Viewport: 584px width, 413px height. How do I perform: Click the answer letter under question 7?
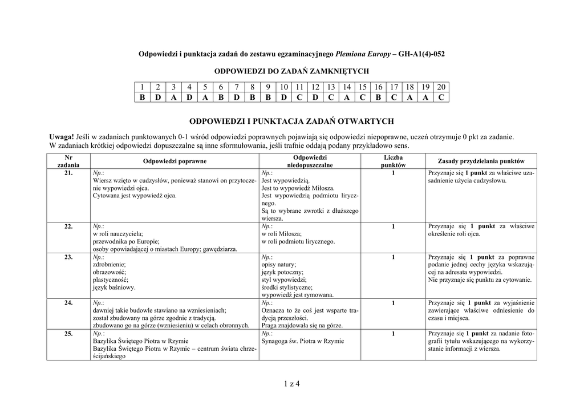point(236,98)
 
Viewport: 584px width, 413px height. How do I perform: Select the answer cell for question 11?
point(299,98)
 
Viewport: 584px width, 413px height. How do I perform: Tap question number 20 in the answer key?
point(441,87)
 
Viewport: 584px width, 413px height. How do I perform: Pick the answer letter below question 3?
point(173,98)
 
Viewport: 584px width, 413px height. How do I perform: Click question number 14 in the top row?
point(346,87)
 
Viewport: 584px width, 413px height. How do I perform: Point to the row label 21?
point(68,173)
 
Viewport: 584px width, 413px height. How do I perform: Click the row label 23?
point(68,257)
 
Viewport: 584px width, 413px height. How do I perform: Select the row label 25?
point(68,334)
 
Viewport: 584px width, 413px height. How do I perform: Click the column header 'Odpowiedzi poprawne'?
point(175,161)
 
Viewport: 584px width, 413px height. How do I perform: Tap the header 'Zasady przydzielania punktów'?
point(481,161)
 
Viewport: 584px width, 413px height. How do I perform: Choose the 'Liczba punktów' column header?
point(393,161)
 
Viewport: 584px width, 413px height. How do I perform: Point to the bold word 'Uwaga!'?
point(62,137)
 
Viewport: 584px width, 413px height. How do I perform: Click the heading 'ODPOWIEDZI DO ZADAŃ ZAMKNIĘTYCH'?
point(291,71)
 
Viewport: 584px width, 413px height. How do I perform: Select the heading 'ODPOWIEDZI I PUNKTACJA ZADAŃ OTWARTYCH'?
point(291,122)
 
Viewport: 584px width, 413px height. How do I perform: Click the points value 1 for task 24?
point(393,303)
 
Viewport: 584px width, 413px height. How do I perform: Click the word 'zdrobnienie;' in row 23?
point(108,265)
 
